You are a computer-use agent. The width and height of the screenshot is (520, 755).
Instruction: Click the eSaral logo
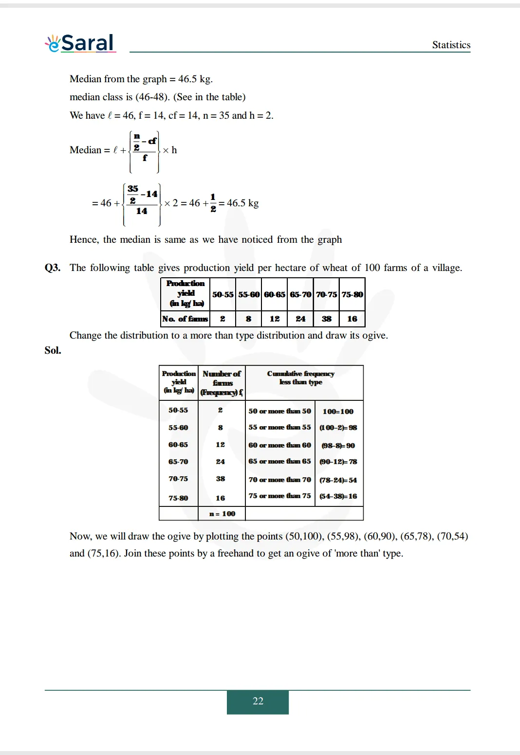[x=80, y=43]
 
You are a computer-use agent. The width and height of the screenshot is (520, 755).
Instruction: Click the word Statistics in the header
[x=451, y=45]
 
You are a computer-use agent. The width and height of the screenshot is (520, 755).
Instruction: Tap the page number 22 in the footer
[x=258, y=701]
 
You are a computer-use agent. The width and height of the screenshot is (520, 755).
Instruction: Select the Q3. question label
[x=53, y=268]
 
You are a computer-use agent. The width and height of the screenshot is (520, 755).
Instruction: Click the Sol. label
[x=53, y=350]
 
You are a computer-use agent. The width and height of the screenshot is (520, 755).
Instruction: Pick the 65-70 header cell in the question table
[x=300, y=294]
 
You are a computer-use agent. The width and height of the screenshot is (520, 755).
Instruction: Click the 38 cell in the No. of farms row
[x=326, y=319]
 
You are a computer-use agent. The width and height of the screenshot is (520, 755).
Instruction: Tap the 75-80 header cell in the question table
[x=352, y=294]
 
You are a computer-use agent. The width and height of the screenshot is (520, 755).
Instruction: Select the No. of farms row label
[x=185, y=319]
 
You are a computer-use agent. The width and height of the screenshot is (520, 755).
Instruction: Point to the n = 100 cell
[x=222, y=514]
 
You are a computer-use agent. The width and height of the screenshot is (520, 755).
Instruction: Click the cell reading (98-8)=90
[x=338, y=446]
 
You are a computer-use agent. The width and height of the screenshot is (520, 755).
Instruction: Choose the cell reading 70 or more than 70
[x=279, y=480]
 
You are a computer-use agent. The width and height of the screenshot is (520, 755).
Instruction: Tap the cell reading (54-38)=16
[x=338, y=496]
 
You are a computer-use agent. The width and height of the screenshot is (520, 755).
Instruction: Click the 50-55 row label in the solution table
[x=178, y=410]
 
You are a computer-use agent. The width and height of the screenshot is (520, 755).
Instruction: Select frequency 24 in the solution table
[x=220, y=462]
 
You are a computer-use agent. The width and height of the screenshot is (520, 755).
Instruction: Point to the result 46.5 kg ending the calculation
[x=242, y=203]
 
